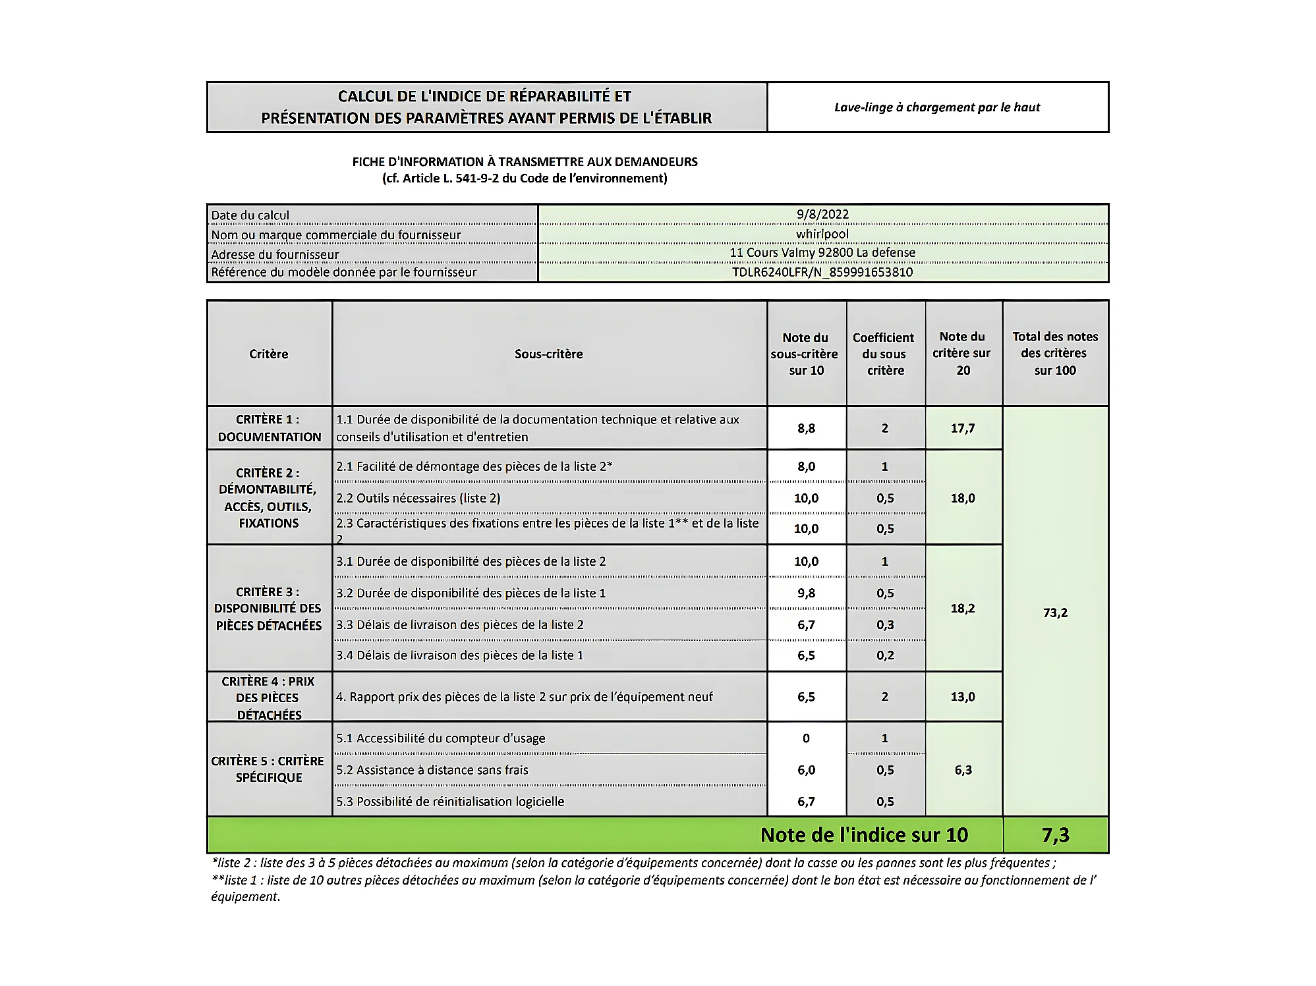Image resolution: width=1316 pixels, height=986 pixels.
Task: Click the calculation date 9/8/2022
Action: click(x=822, y=214)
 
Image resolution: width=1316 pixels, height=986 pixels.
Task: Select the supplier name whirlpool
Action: click(x=822, y=234)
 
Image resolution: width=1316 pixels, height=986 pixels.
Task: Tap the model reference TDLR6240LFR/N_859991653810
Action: click(x=822, y=272)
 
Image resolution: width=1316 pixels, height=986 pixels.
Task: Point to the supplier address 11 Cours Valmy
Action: click(x=822, y=253)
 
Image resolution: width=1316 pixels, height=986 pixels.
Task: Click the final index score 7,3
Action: click(x=1055, y=835)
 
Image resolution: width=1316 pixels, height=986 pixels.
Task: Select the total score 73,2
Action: click(x=1055, y=613)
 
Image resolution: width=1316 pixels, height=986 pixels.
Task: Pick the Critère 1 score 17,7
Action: click(x=962, y=428)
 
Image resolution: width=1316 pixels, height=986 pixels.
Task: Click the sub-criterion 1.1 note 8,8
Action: click(x=806, y=428)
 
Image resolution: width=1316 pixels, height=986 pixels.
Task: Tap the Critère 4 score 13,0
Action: click(x=962, y=697)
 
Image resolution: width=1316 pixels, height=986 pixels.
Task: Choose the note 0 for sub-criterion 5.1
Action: click(x=806, y=738)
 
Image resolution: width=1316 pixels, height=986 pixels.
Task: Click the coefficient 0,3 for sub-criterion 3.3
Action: click(x=885, y=624)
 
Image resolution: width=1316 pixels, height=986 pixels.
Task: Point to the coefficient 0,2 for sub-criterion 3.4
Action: click(x=885, y=655)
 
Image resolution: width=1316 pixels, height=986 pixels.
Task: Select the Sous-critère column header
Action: click(x=548, y=354)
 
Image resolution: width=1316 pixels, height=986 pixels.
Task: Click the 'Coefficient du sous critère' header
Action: click(x=885, y=354)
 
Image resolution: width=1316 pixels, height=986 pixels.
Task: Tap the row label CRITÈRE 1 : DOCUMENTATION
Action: click(x=269, y=428)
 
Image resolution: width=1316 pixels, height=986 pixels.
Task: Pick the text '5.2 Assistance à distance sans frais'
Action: click(x=432, y=770)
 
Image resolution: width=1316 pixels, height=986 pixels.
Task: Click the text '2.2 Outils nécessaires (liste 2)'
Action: click(x=418, y=498)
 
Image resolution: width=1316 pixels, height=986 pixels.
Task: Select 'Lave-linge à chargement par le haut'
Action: click(x=936, y=107)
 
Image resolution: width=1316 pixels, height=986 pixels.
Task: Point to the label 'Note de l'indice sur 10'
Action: click(x=864, y=835)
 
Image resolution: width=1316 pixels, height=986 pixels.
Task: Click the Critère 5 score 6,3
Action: click(x=962, y=770)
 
